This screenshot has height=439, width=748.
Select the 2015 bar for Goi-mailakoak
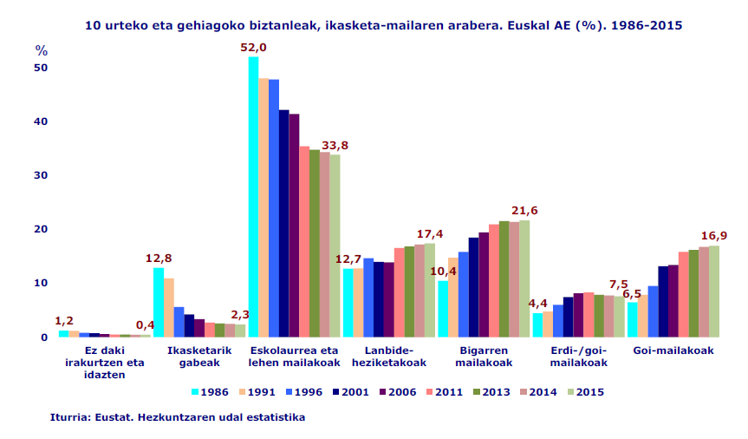(x=714, y=292)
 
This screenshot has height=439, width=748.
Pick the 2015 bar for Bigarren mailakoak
(x=524, y=278)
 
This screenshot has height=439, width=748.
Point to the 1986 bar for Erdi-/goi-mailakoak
(x=537, y=325)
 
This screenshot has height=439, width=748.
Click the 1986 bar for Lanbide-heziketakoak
(x=348, y=303)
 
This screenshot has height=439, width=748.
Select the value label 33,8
(x=335, y=145)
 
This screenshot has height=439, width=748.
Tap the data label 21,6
(x=524, y=211)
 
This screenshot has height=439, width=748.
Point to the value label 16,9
(x=713, y=235)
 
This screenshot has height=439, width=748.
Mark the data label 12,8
(x=159, y=258)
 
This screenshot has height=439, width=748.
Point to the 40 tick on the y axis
(x=42, y=121)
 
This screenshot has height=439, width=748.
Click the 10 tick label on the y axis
(x=42, y=283)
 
